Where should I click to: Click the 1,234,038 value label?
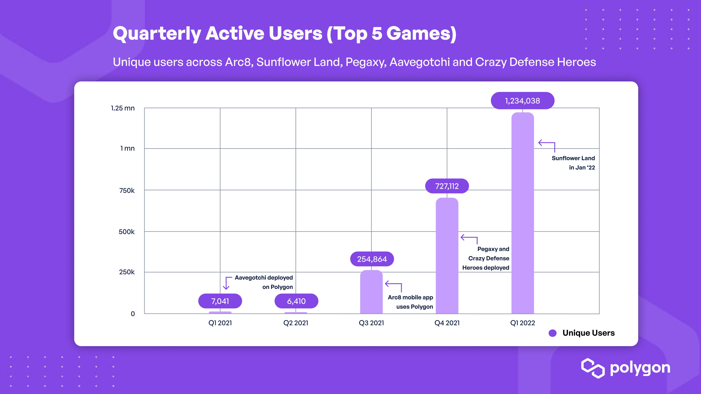522,101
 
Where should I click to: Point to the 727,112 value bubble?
447,186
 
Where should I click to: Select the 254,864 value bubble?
372,259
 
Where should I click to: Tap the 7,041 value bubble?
220,301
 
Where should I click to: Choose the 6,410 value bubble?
296,301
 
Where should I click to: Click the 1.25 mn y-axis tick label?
123,108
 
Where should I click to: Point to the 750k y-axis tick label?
127,191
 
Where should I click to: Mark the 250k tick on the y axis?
127,272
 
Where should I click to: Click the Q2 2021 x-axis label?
296,323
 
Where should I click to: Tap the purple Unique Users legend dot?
552,333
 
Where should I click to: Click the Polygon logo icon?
593,368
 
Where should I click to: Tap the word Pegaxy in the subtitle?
366,62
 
